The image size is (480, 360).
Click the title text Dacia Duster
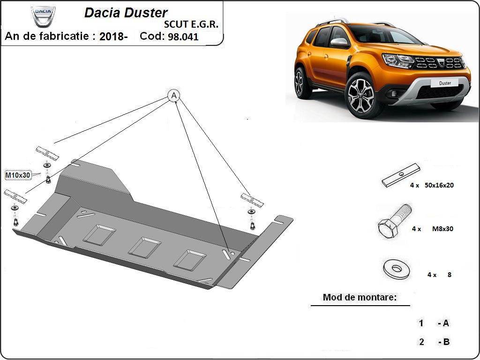tap(126, 13)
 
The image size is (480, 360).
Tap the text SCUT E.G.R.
tap(191, 25)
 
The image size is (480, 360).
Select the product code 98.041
tap(183, 37)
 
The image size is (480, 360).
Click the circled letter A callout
tap(174, 96)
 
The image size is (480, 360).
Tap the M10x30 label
tap(17, 175)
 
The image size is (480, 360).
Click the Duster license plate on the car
tap(445, 83)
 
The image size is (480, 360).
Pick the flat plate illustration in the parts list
tap(401, 175)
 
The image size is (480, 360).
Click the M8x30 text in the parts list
tap(442, 229)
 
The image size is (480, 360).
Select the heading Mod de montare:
tap(360, 297)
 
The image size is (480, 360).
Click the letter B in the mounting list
tap(446, 342)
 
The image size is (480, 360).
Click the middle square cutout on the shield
tap(144, 247)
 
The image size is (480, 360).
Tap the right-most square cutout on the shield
tap(189, 260)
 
